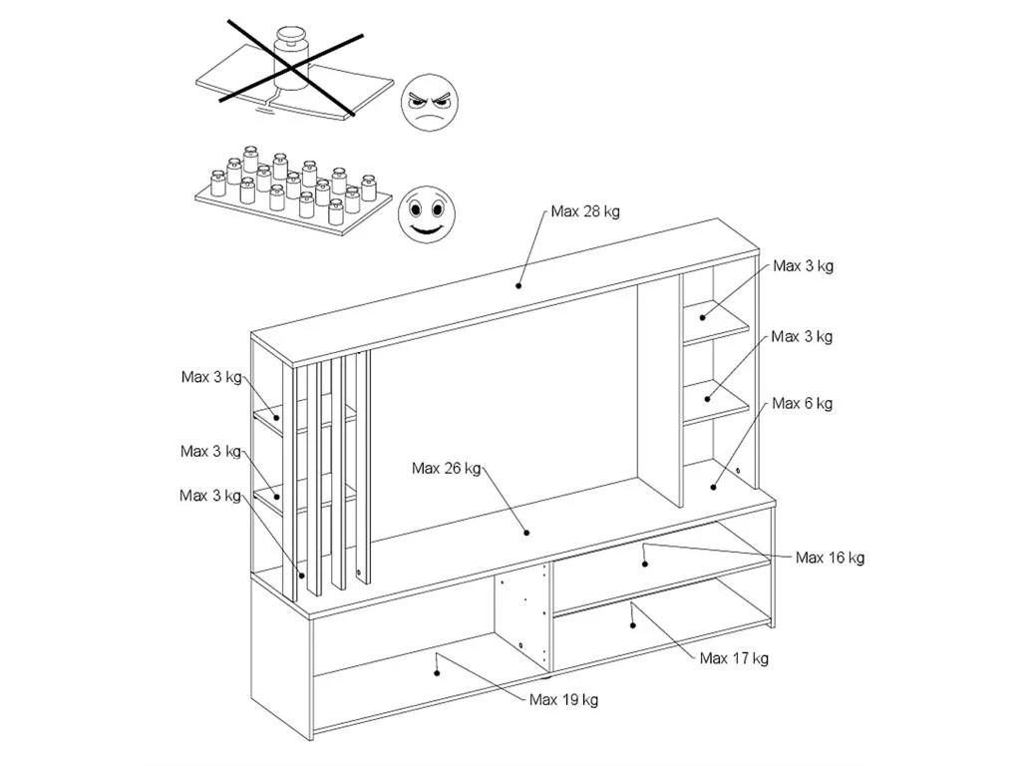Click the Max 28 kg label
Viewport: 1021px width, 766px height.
[585, 211]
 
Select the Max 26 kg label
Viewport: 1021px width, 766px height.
[446, 468]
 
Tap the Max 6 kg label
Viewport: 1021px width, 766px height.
[802, 403]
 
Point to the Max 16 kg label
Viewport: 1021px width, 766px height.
[830, 558]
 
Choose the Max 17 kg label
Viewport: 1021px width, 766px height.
[734, 658]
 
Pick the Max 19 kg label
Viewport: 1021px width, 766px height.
[563, 699]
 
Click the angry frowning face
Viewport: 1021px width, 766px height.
[430, 104]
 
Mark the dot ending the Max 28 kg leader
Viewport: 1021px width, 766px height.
[518, 285]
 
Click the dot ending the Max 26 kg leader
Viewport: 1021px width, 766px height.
[526, 533]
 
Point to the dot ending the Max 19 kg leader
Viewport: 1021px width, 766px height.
[438, 671]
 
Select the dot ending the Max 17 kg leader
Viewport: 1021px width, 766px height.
[633, 624]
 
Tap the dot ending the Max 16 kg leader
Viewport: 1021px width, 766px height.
[645, 564]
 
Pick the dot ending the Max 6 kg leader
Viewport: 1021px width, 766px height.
[714, 486]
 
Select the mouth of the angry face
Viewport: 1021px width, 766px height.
[430, 119]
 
